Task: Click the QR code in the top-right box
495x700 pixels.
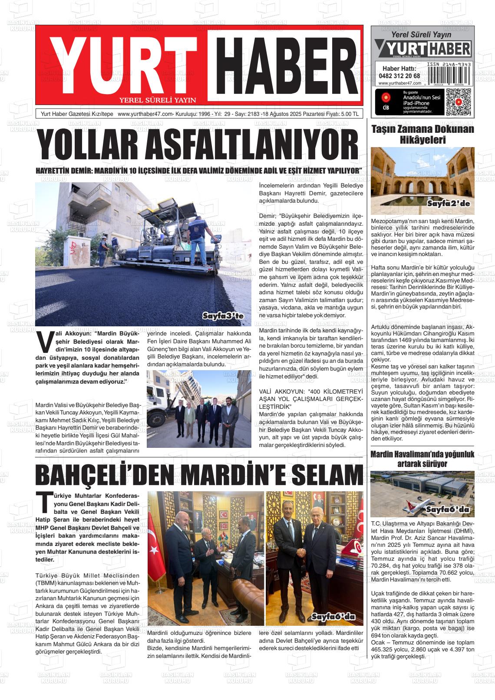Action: point(459,102)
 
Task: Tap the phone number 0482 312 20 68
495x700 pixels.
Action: point(399,76)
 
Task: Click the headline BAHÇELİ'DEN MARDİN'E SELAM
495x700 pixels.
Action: point(199,474)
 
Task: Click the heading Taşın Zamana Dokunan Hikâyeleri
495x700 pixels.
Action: point(422,135)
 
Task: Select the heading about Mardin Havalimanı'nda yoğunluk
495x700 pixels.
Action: point(422,459)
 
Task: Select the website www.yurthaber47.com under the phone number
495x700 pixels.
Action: point(399,83)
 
